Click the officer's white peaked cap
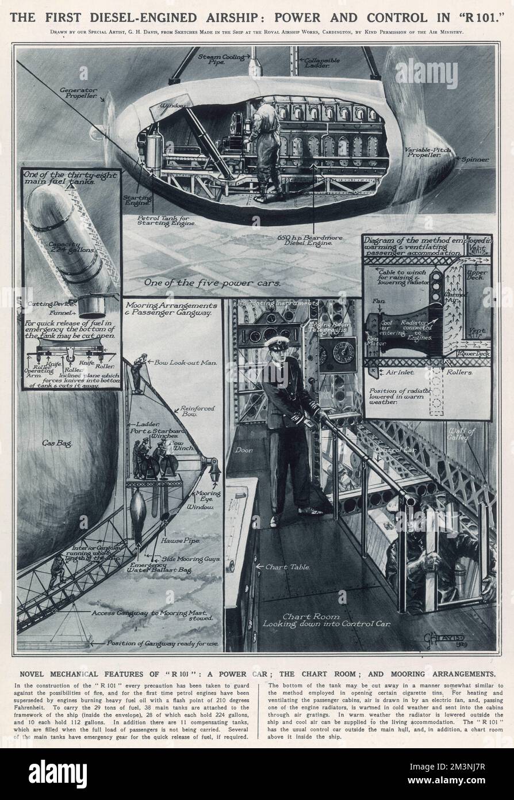pos(275,344)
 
